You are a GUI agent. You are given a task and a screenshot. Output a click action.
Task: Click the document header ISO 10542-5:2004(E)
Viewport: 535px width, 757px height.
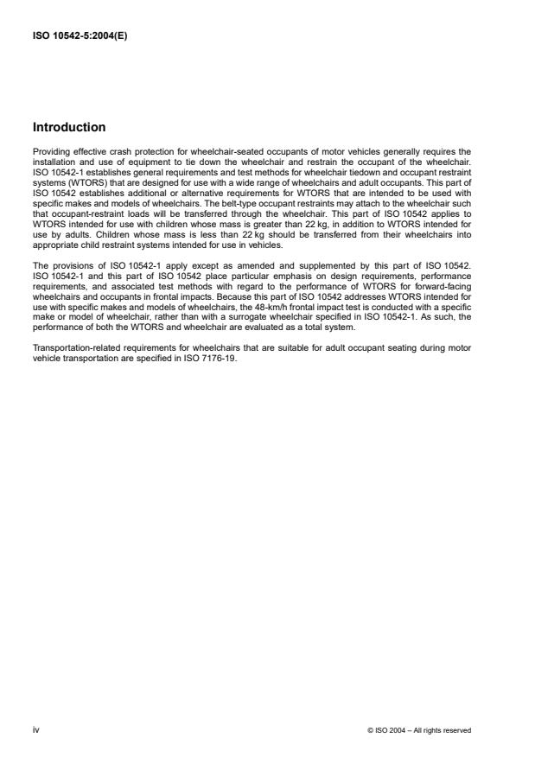click(80, 36)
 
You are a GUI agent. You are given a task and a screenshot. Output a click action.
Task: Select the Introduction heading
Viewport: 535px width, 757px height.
click(69, 127)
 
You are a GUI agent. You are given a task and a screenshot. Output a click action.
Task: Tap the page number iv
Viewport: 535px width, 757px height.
click(35, 729)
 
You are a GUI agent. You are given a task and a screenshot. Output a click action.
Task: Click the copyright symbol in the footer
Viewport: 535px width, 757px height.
click(370, 730)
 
